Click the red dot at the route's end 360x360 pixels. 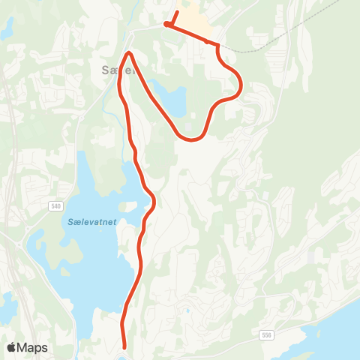coord(166,25)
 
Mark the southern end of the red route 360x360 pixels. coord(124,346)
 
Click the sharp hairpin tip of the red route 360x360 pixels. coord(129,53)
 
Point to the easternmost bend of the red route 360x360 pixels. coord(241,86)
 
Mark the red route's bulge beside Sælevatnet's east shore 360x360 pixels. coord(153,200)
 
